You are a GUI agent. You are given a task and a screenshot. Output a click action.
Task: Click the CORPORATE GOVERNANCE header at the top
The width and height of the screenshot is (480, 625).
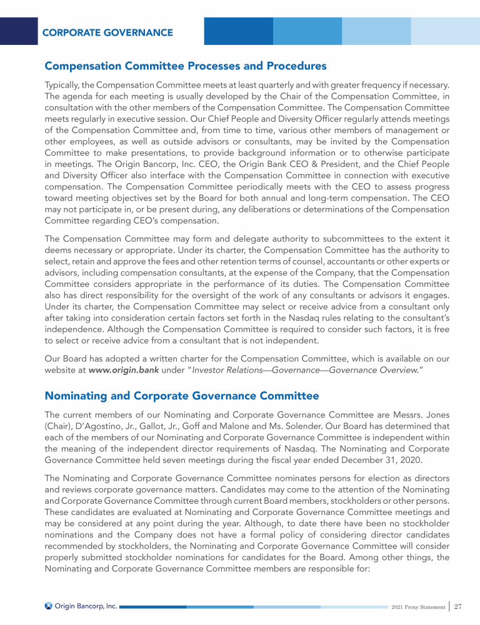click(107, 32)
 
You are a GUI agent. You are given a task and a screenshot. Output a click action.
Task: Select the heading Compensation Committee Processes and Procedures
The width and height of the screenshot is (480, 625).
click(186, 66)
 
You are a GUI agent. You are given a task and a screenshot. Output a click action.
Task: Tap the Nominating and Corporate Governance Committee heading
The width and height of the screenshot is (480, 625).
click(181, 396)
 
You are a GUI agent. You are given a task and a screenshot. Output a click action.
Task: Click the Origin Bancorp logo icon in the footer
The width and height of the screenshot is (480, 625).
click(49, 606)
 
